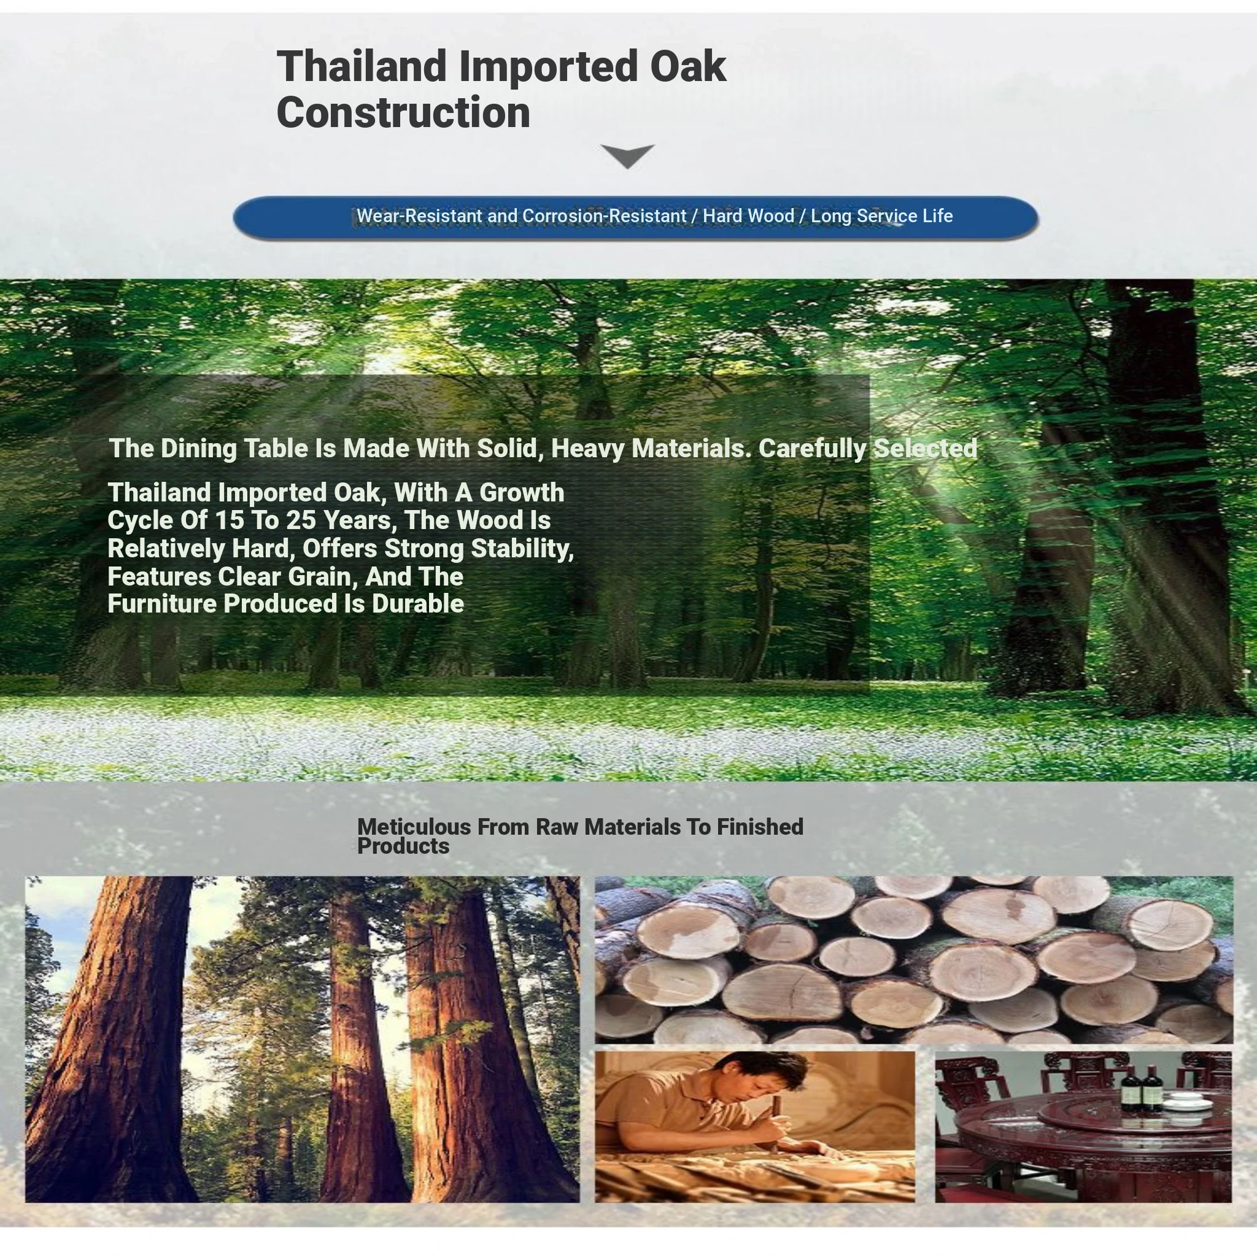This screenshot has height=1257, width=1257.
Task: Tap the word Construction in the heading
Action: pyautogui.click(x=403, y=112)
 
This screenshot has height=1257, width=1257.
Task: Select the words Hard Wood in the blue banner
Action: pyautogui.click(x=748, y=216)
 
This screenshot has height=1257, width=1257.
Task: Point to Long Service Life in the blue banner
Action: pyautogui.click(x=881, y=216)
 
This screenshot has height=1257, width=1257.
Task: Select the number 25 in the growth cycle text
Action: pyautogui.click(x=300, y=520)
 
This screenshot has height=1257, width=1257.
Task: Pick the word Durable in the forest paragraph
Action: pyautogui.click(x=418, y=604)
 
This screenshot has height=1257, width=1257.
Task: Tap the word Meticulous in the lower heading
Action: pyautogui.click(x=414, y=827)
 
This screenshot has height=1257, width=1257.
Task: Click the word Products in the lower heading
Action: pyautogui.click(x=403, y=846)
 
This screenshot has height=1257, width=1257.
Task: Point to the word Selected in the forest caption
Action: pyautogui.click(x=925, y=449)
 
